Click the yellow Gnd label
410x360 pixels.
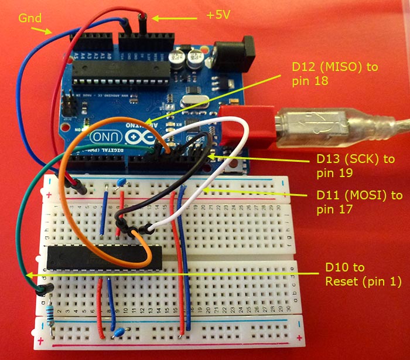click(28, 18)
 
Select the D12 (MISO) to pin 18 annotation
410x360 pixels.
click(335, 73)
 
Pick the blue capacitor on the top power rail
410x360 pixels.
click(122, 182)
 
